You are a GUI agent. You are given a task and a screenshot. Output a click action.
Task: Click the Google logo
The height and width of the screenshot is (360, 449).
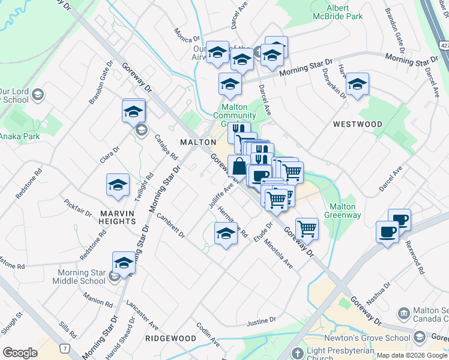coord(20,353)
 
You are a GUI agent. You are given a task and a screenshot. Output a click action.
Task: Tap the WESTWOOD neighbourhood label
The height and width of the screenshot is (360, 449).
coord(357,124)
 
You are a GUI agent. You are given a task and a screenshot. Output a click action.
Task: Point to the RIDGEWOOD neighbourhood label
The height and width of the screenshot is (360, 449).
coord(170,338)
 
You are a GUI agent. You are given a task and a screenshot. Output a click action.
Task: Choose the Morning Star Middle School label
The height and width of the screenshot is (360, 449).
coord(82,277)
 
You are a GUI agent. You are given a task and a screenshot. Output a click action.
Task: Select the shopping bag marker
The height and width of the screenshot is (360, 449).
coord(239,166)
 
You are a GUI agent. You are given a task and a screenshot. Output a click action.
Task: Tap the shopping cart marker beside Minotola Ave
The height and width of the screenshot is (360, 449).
coord(307,228)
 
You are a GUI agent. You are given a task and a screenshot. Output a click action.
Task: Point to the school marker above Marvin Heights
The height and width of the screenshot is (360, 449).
coord(118,185)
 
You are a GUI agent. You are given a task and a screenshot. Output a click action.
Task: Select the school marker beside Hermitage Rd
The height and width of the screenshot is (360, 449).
coord(226,233)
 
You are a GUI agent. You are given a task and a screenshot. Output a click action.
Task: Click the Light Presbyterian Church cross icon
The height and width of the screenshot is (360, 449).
coord(296,353)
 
